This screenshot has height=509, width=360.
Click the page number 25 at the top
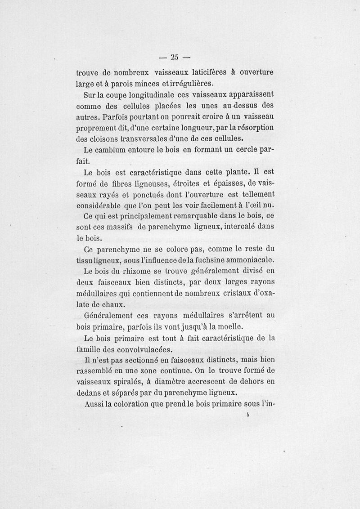pos(175,57)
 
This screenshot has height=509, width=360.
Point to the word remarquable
pos(185,216)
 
